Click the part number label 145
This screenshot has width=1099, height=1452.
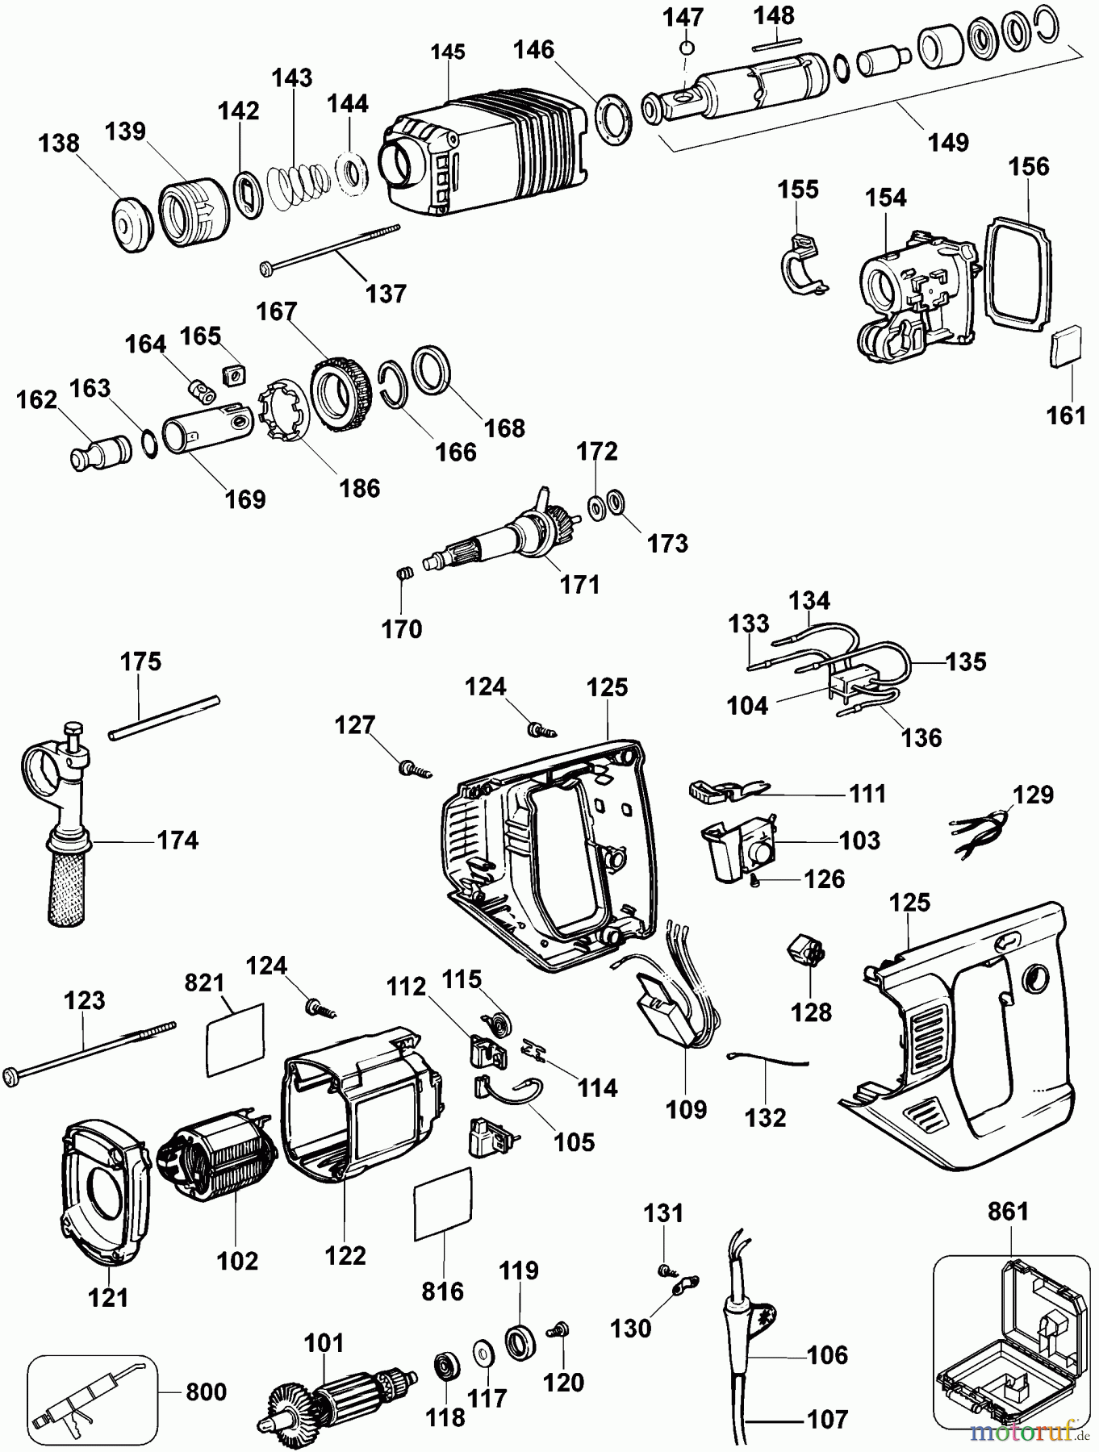coord(448,52)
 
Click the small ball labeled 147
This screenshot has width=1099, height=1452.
coord(686,48)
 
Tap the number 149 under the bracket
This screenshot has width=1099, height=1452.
coord(948,142)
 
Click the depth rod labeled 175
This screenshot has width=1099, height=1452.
coord(165,716)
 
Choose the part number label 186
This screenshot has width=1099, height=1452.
coord(360,487)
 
